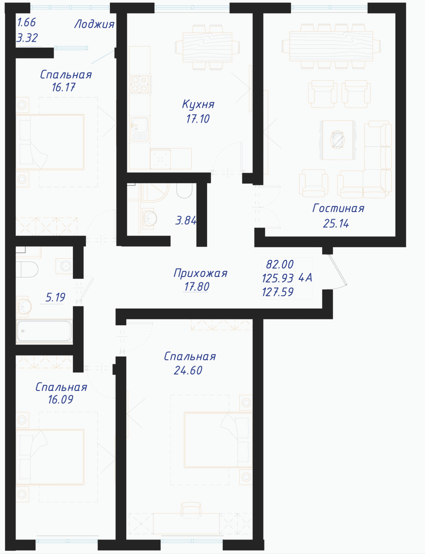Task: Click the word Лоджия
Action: tap(94, 24)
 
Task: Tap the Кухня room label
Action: tap(198, 104)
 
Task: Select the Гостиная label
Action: tap(338, 208)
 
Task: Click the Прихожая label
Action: tap(201, 273)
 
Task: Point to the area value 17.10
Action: tap(198, 119)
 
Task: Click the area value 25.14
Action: tap(336, 223)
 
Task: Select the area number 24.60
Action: tap(188, 370)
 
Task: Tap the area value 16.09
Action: tap(61, 400)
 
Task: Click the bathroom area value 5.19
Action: tap(55, 297)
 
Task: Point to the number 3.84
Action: tap(186, 220)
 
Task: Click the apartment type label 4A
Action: tap(305, 278)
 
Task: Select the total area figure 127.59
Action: tap(278, 292)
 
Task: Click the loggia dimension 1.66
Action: tap(26, 22)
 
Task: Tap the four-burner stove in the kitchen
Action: tap(140, 84)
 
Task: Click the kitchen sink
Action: tap(139, 129)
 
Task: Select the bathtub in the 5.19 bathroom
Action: tap(44, 331)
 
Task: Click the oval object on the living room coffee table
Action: tap(337, 140)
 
